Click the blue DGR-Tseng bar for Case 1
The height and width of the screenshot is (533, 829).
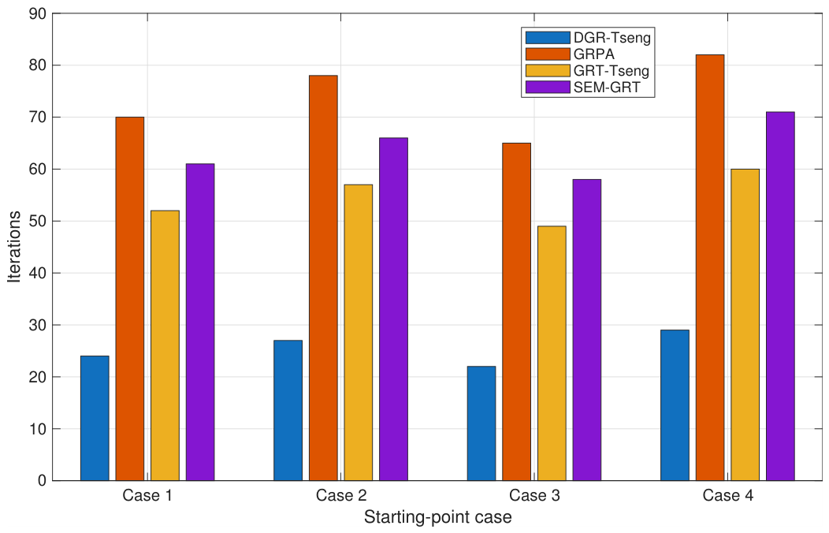(x=95, y=418)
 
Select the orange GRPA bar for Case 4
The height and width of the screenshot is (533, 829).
(x=710, y=267)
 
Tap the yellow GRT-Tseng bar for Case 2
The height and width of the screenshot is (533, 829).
(x=359, y=333)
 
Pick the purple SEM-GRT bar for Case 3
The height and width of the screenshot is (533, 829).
(x=587, y=330)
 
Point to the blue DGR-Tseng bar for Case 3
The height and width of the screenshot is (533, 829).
(x=481, y=423)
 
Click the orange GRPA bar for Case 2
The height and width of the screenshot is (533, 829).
(x=324, y=278)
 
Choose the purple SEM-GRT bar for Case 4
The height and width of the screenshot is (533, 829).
(x=780, y=296)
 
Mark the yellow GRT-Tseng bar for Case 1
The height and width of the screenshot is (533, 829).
(x=165, y=345)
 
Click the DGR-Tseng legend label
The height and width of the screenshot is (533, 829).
(x=612, y=38)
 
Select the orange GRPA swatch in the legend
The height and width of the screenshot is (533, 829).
(x=548, y=54)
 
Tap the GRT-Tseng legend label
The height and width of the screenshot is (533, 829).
(x=612, y=70)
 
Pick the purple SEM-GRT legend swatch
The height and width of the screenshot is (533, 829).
(x=548, y=87)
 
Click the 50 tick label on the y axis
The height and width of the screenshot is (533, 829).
(x=39, y=221)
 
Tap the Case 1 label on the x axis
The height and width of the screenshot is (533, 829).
(x=147, y=495)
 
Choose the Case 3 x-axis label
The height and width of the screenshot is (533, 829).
(x=534, y=495)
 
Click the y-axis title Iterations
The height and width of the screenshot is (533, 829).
(x=14, y=247)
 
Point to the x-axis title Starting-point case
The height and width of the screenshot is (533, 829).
(x=438, y=516)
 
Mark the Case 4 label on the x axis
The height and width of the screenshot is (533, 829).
(x=728, y=495)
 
